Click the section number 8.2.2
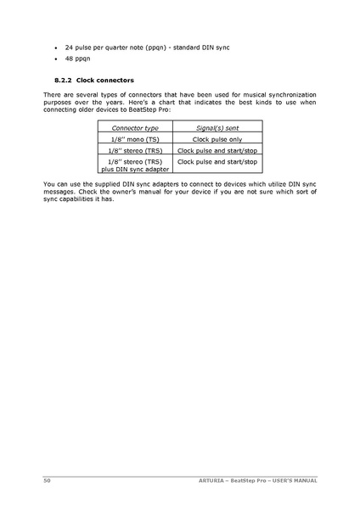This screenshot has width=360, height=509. point(53,80)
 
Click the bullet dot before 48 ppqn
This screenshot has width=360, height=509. point(55,59)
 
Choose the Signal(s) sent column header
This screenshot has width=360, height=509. point(217,126)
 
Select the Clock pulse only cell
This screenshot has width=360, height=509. point(217,137)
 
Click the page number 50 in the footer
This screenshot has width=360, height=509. point(47,480)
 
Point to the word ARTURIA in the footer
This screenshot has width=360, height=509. point(220,480)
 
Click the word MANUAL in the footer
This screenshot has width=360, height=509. point(304,480)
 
